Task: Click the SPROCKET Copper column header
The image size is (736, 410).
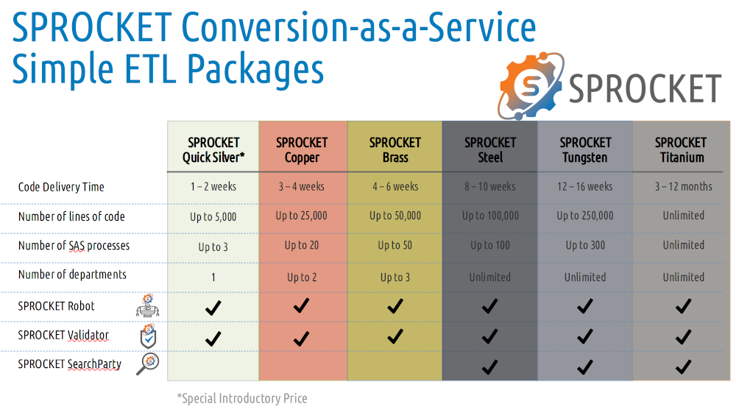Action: point(302,150)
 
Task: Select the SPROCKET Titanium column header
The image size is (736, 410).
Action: point(681,150)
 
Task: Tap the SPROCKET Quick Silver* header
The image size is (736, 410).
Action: point(213,150)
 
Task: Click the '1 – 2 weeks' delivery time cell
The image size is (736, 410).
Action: point(213,186)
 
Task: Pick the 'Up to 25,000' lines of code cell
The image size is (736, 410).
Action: point(301,216)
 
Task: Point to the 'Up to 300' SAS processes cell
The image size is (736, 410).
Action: point(585,245)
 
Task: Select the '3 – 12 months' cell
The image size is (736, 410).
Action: point(684,186)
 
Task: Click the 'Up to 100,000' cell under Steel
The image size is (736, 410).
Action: point(490,216)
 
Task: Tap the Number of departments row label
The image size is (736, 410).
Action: point(72,275)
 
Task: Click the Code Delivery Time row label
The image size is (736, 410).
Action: point(61,187)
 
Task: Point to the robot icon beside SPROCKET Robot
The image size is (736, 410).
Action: point(148,305)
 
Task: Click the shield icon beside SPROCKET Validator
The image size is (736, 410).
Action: point(149,336)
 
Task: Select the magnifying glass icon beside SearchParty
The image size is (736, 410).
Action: point(147,364)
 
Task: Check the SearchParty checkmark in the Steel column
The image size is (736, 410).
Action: point(489,367)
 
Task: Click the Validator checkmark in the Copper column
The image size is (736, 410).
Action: point(301,339)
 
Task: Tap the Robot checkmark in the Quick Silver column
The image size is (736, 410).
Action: point(213,308)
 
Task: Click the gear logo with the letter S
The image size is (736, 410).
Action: point(531,85)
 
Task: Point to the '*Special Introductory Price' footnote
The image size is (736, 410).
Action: point(242,398)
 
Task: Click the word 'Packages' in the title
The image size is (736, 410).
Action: point(255,69)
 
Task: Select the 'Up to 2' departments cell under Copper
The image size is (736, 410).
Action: point(302,278)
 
